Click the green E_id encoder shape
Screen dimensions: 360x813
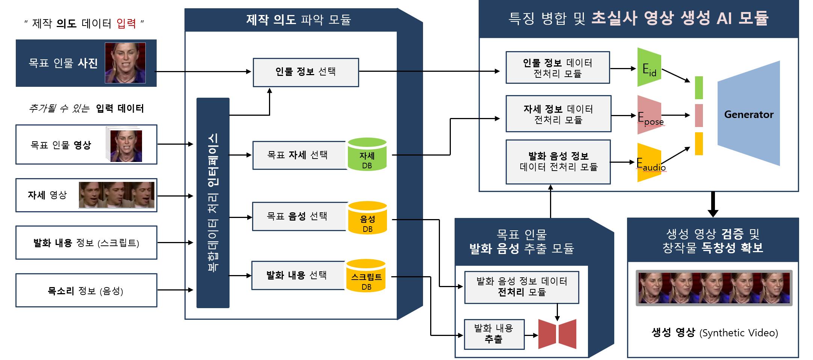[649, 68]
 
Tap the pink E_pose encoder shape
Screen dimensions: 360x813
[649, 115]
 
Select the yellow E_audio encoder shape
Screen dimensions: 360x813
[649, 162]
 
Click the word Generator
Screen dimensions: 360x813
[748, 115]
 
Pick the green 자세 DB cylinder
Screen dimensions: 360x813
[367, 155]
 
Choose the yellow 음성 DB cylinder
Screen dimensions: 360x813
[367, 218]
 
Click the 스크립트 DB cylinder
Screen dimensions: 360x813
[366, 276]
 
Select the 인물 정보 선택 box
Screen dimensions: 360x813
[305, 72]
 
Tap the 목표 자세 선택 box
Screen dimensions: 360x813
[299, 155]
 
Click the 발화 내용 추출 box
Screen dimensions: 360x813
[494, 334]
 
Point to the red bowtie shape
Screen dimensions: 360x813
[557, 334]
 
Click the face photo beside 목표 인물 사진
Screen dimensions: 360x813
[125, 63]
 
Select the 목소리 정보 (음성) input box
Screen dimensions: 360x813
[86, 290]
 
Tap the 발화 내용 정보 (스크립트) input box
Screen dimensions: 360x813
[86, 243]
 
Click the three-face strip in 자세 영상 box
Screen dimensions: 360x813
[116, 195]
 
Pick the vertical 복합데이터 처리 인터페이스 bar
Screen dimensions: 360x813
[213, 203]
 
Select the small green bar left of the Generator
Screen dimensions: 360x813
[699, 88]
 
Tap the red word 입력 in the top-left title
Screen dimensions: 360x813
[126, 23]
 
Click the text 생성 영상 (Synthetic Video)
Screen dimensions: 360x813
[715, 333]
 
